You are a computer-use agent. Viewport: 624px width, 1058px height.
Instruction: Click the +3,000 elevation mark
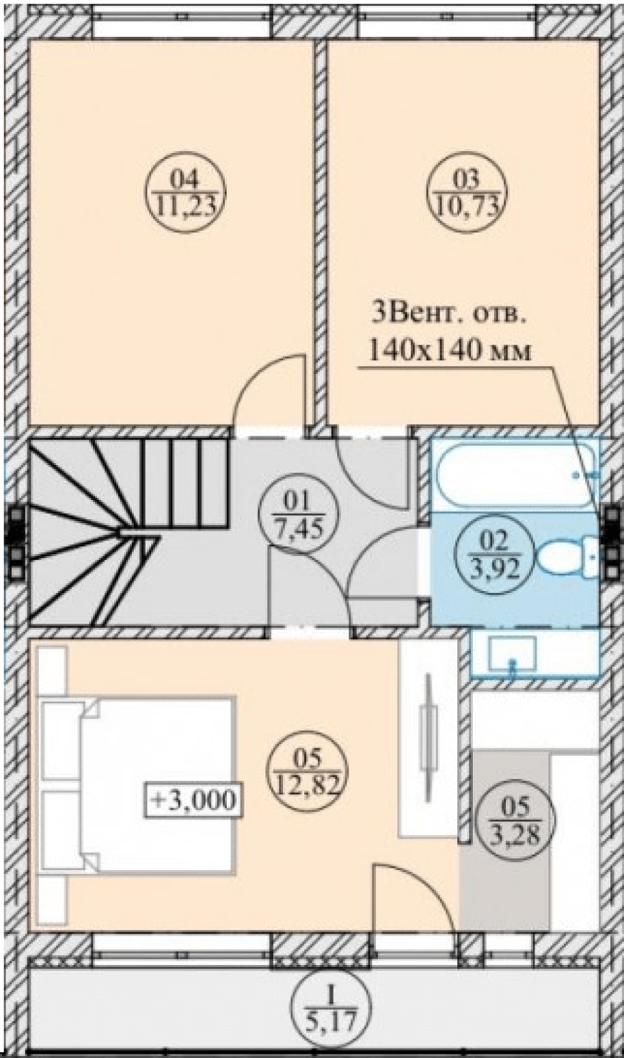pos(194,800)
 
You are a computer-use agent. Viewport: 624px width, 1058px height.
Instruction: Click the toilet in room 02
pos(567,557)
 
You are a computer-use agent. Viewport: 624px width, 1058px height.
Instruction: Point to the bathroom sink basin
pos(512,654)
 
